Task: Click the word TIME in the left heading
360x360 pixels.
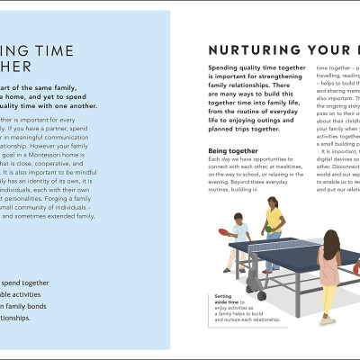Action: pyautogui.click(x=53, y=51)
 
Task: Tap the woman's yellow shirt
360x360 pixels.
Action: pyautogui.click(x=274, y=218)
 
